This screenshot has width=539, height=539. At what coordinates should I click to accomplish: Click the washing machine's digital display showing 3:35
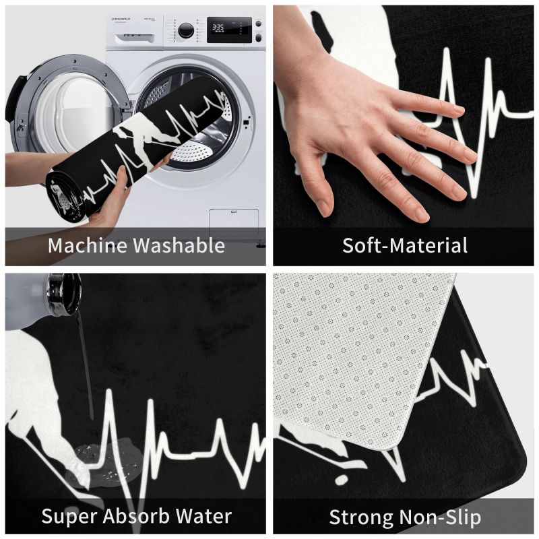click(229, 30)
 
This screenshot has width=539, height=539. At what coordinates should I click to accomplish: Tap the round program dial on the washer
click(186, 30)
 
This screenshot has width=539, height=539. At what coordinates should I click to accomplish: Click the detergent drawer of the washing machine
click(135, 37)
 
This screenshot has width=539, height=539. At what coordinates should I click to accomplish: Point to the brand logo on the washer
click(121, 20)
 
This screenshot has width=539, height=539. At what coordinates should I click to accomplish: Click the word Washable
click(179, 245)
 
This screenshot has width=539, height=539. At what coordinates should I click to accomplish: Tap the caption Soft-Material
click(405, 245)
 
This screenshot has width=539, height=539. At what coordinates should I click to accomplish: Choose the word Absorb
click(137, 515)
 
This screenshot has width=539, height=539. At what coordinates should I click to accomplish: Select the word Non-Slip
click(439, 517)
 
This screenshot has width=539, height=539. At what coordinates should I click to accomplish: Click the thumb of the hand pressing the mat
click(325, 199)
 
